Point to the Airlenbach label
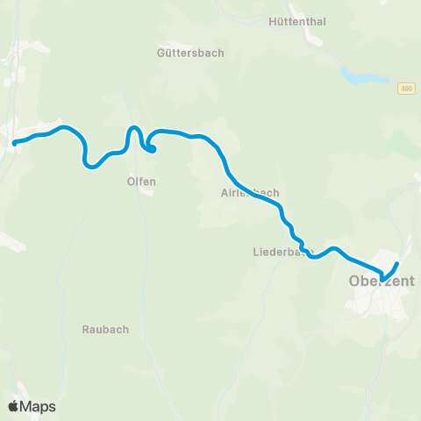click(250, 193)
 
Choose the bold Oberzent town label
click(381, 282)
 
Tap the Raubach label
click(105, 330)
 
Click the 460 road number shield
click(404, 89)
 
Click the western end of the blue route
click(14, 142)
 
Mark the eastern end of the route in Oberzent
click(397, 264)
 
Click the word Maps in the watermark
click(38, 406)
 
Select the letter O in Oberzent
click(355, 282)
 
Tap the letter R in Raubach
click(85, 330)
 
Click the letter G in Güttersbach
click(160, 53)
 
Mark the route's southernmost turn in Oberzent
click(382, 278)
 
